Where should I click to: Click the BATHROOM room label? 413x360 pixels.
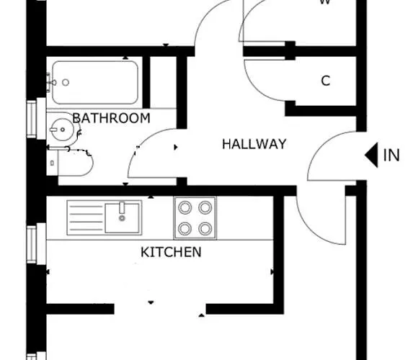(111, 118)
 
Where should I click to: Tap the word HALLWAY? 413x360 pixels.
(254, 144)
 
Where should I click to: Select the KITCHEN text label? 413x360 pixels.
(171, 252)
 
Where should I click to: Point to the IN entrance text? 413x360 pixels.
(391, 156)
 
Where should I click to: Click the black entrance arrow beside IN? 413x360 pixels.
(371, 155)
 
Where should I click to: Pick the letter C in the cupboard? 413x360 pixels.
(325, 81)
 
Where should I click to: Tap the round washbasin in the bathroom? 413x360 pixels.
(61, 132)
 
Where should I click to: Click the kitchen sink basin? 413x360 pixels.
(122, 216)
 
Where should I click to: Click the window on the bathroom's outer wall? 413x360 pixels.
(32, 118)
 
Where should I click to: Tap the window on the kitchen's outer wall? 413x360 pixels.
(32, 245)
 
